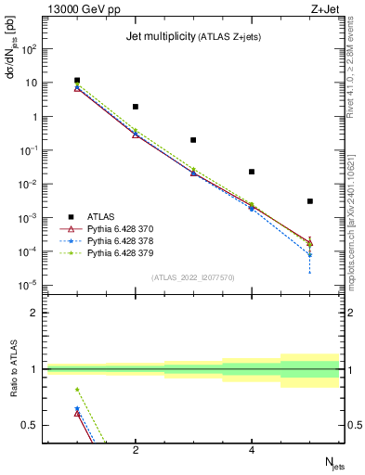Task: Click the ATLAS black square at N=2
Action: pyautogui.click(x=136, y=107)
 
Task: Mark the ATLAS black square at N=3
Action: pyautogui.click(x=193, y=140)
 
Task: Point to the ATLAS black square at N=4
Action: pyautogui.click(x=252, y=172)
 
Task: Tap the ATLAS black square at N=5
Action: pyautogui.click(x=310, y=201)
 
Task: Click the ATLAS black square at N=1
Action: pyautogui.click(x=77, y=81)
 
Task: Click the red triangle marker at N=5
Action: pyautogui.click(x=310, y=243)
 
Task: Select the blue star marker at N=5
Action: pyautogui.click(x=310, y=254)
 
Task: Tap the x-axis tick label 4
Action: pyautogui.click(x=252, y=450)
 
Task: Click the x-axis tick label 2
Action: pyautogui.click(x=136, y=450)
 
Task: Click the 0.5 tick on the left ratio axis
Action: pyautogui.click(x=32, y=425)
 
